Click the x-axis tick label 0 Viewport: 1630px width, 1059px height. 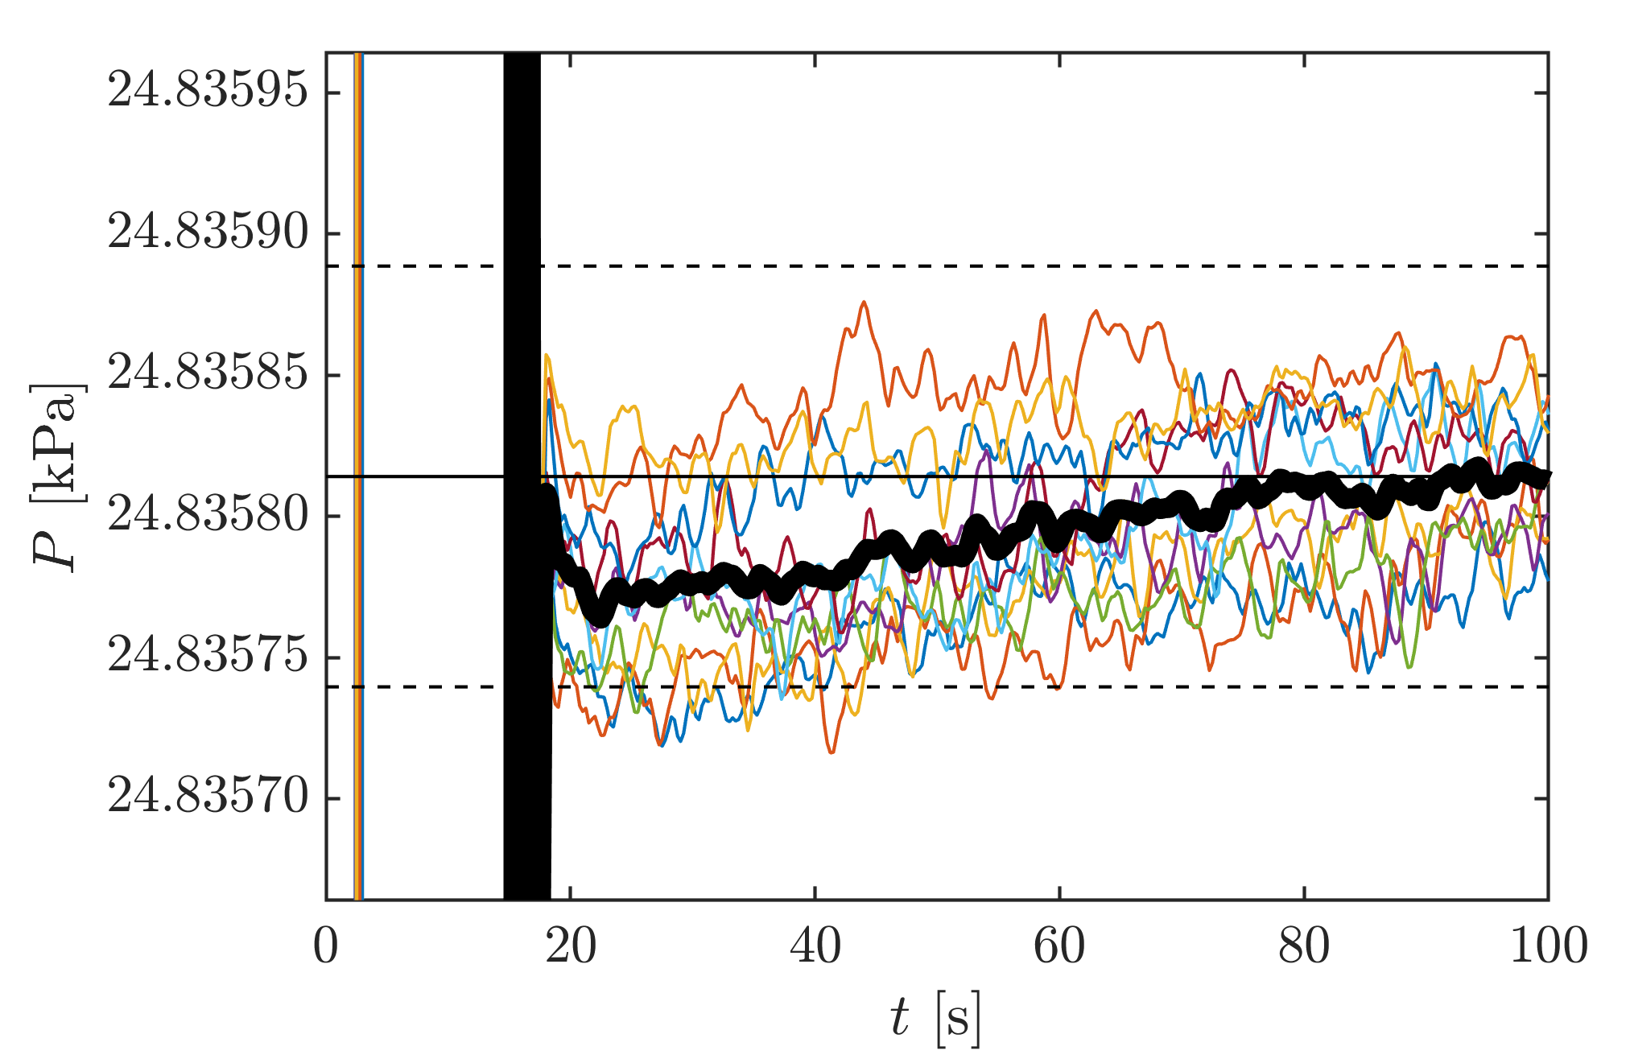coord(326,946)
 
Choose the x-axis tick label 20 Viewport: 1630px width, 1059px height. coord(571,946)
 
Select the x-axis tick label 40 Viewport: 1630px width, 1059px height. coord(815,946)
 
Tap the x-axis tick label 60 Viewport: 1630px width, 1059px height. coord(1059,946)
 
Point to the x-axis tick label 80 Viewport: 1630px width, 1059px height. coord(1304,946)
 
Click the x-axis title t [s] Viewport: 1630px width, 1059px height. coord(936,1019)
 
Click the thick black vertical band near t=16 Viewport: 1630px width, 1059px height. coord(522,322)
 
